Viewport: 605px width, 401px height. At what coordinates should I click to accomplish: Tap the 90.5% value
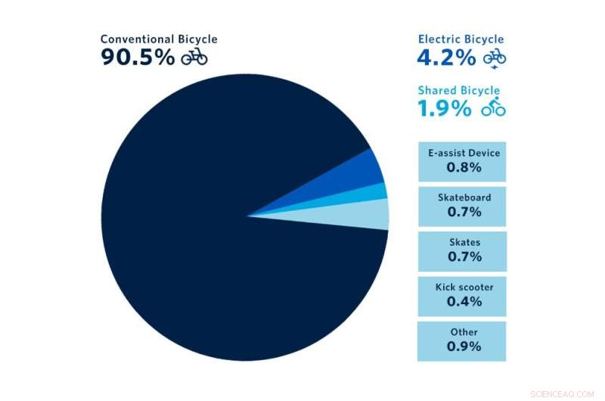138,57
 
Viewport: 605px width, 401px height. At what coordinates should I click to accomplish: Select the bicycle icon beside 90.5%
194,57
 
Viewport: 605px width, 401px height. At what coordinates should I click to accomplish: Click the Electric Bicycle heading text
461,39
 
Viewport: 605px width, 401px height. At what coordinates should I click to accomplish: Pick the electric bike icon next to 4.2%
495,58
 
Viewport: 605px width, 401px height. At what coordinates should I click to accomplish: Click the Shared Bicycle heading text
458,91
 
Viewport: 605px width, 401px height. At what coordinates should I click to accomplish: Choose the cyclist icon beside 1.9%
494,107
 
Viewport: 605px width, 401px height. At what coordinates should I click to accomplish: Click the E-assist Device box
462,161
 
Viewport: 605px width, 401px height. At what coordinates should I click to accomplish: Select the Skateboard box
462,206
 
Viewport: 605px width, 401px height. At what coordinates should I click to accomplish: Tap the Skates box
462,250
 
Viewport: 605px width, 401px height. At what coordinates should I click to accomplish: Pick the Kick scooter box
462,296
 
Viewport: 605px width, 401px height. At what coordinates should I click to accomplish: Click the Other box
462,340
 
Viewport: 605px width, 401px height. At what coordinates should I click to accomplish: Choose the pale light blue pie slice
374,214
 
